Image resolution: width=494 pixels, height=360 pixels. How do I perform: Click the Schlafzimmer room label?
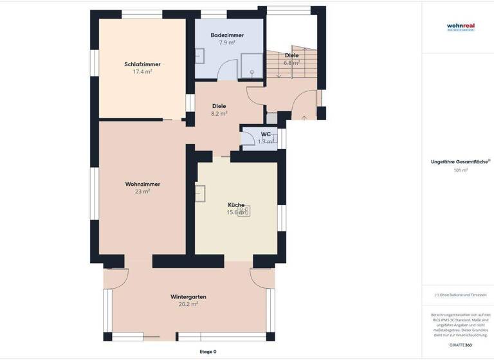pos(142,64)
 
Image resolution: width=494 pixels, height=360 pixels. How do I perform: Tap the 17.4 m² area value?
pos(142,72)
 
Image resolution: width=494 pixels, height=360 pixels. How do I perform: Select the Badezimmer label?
pos(226,35)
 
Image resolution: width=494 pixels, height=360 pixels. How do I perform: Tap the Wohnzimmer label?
pos(142,184)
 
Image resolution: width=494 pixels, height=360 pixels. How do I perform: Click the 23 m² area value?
pos(142,192)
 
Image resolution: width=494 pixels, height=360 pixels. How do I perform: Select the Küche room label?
pos(236,204)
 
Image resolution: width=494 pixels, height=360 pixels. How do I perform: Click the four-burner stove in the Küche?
pos(244,210)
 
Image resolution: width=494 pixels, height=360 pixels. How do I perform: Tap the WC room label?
pos(266,134)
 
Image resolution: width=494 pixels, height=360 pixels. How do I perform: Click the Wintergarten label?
pos(188,296)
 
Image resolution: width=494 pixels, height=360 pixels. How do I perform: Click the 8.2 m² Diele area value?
pos(219,114)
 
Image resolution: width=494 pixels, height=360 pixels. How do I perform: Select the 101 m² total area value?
pos(460,170)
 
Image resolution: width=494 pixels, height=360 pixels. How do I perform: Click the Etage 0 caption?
pos(207,352)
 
